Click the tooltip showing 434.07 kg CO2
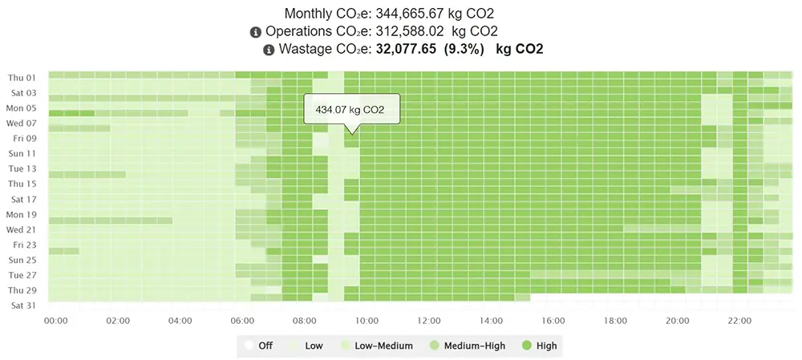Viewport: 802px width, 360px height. [350, 109]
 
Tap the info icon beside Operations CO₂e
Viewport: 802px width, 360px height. [256, 32]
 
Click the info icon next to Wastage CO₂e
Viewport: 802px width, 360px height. [269, 50]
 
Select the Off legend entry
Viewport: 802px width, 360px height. [259, 346]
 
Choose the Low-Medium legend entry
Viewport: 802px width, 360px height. [377, 346]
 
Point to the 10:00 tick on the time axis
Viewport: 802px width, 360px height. [367, 321]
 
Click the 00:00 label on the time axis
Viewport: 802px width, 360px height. [55, 321]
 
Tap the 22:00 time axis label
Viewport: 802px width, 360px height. [740, 321]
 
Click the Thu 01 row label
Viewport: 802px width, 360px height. [22, 78]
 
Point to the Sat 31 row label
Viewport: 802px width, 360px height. [22, 305]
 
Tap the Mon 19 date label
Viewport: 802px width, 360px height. [22, 214]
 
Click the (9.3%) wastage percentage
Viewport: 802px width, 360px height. [464, 50]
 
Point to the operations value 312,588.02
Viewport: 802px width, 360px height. [409, 32]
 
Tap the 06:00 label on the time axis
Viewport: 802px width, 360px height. [243, 321]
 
